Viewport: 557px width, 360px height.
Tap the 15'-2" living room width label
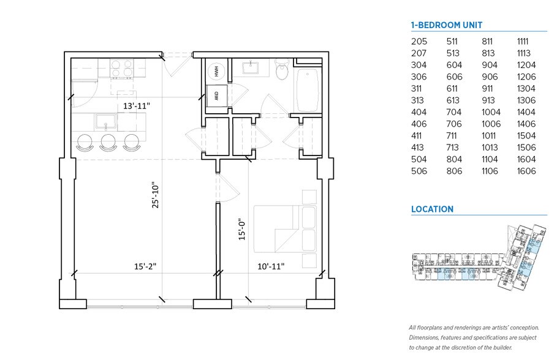[145, 266]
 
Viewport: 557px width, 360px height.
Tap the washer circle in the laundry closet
[217, 71]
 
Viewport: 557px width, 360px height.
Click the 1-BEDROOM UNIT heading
[446, 25]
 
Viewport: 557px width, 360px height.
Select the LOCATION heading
[432, 209]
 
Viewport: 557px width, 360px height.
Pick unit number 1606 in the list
[526, 171]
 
